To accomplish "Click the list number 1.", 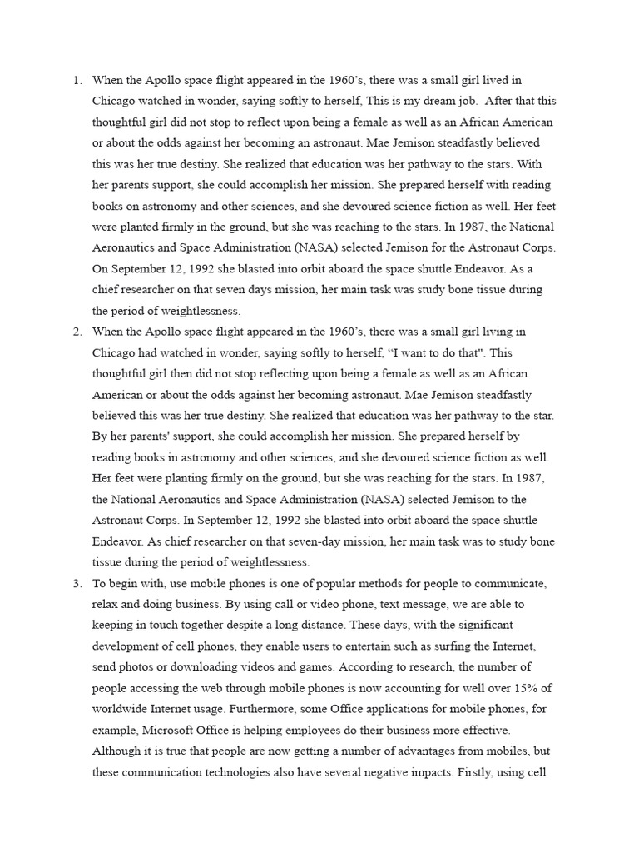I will click(76, 81).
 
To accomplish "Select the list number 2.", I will click(76, 332).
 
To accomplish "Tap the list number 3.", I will click(76, 583).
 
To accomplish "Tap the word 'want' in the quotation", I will click(386, 352).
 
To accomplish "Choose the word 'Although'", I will click(117, 751).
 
